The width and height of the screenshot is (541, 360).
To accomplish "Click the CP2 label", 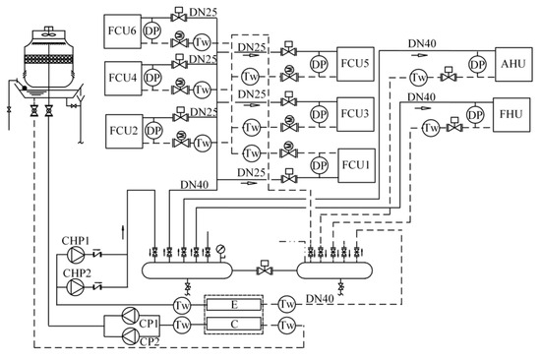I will [x=148, y=340].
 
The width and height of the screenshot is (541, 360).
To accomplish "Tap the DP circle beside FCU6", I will [x=152, y=30].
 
